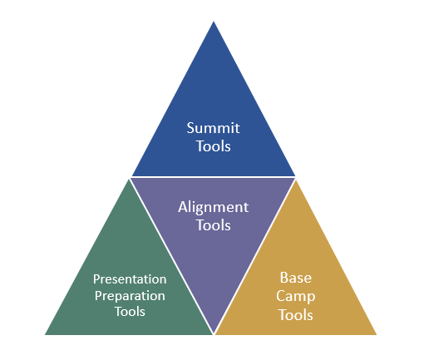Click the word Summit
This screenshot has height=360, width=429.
213,129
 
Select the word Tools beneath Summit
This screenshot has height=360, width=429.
213,146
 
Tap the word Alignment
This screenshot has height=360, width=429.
213,207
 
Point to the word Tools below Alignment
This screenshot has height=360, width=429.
213,224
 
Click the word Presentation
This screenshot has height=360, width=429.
130,279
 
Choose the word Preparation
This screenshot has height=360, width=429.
130,295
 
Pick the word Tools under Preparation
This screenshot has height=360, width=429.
130,312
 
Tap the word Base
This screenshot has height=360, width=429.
296,278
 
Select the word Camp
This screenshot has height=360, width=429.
296,296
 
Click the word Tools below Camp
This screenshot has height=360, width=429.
296,315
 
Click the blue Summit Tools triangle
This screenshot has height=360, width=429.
213,100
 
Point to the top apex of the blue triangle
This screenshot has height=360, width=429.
214,22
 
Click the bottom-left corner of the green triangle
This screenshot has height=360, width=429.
46,334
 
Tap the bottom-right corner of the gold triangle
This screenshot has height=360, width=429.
379,334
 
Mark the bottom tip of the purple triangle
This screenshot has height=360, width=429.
214,333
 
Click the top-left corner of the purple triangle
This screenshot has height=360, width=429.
131,178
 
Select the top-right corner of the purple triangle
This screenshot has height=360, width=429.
295,178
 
